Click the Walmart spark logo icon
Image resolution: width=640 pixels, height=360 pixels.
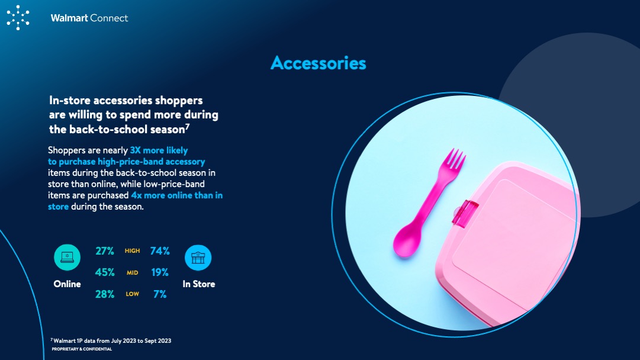18,18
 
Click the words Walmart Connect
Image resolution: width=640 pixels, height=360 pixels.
89,18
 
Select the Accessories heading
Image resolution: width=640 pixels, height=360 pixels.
319,63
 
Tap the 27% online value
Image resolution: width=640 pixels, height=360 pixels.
104,251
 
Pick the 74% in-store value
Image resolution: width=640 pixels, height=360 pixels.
160,251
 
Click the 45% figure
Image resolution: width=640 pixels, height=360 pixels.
104,272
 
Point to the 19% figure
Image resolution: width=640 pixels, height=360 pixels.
160,272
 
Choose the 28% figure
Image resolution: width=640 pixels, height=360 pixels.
104,294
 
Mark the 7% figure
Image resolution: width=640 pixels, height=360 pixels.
160,294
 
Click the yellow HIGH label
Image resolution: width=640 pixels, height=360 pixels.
132,251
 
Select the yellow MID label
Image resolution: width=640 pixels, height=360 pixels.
132,272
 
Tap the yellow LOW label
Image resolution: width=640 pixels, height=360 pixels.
132,294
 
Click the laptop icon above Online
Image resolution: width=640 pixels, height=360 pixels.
67,258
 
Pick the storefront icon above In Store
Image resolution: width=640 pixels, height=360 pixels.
198,258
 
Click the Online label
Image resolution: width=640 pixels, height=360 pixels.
67,284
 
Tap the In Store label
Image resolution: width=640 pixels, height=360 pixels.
199,284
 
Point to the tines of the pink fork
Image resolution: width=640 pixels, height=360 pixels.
454,159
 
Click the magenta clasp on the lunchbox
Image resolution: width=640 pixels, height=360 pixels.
465,214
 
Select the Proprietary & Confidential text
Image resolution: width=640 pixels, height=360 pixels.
82,349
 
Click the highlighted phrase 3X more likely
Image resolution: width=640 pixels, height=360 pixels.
159,150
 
